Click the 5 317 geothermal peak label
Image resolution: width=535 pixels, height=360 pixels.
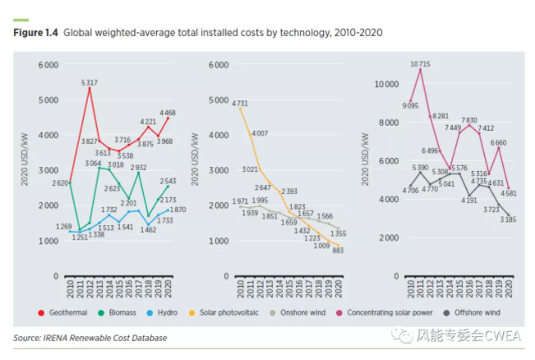pos(90,82)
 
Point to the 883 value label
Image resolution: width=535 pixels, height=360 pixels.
pos(336,251)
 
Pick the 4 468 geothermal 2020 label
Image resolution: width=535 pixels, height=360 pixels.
pos(168,113)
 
